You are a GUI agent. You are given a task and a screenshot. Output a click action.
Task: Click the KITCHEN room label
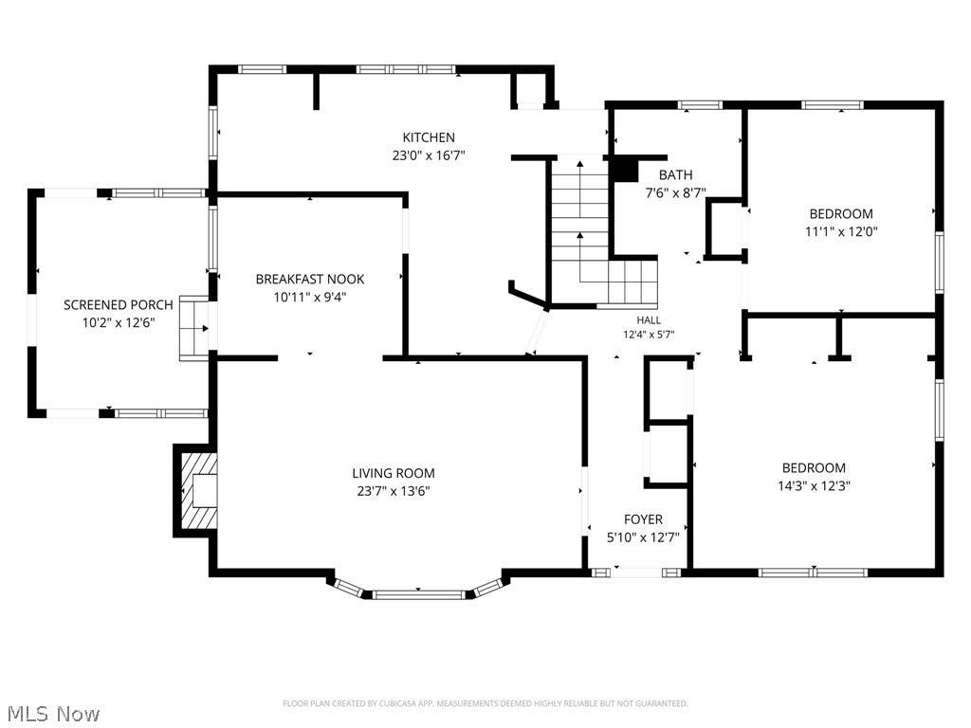(x=429, y=137)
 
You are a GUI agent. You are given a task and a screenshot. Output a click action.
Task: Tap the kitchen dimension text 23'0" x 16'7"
(x=429, y=155)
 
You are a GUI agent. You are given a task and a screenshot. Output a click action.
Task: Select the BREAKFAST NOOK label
(x=310, y=280)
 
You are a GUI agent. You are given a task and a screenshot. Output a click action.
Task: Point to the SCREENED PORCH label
(x=119, y=304)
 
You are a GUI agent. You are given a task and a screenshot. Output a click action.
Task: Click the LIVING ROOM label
(x=394, y=474)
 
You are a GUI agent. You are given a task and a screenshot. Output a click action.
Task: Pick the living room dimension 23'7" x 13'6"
(x=394, y=491)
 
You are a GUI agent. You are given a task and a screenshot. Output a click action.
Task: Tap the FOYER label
(x=643, y=519)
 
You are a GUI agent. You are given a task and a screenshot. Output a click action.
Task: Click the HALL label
(x=649, y=320)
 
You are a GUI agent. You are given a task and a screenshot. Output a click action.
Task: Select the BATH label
(x=675, y=175)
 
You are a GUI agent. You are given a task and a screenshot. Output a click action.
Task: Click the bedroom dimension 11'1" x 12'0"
(x=841, y=231)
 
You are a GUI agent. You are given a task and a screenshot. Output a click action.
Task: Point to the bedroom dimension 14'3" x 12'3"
(x=814, y=485)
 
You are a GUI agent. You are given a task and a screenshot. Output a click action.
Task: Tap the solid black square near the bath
(x=624, y=170)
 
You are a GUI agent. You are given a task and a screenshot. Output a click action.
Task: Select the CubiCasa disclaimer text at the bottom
(x=485, y=703)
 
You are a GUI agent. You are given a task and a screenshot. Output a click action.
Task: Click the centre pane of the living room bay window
(x=418, y=595)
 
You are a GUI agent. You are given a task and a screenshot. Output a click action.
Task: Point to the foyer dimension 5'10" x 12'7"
(x=643, y=537)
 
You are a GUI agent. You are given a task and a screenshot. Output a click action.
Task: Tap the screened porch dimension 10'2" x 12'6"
(x=119, y=322)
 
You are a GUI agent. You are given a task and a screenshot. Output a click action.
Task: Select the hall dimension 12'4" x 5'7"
(x=649, y=335)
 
